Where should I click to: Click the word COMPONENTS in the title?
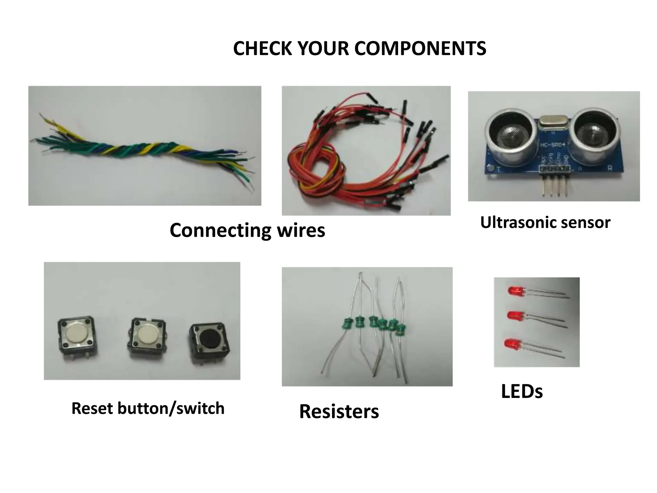click(x=420, y=48)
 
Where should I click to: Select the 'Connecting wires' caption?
click(x=247, y=230)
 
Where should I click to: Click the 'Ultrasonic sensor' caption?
click(x=545, y=222)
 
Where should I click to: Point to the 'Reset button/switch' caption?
click(x=148, y=408)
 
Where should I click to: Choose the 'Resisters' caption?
click(x=339, y=411)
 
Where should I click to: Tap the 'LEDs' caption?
click(x=522, y=391)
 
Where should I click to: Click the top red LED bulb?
click(x=514, y=290)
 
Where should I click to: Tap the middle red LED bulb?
click(x=514, y=315)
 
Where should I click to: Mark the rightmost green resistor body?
click(x=399, y=329)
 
